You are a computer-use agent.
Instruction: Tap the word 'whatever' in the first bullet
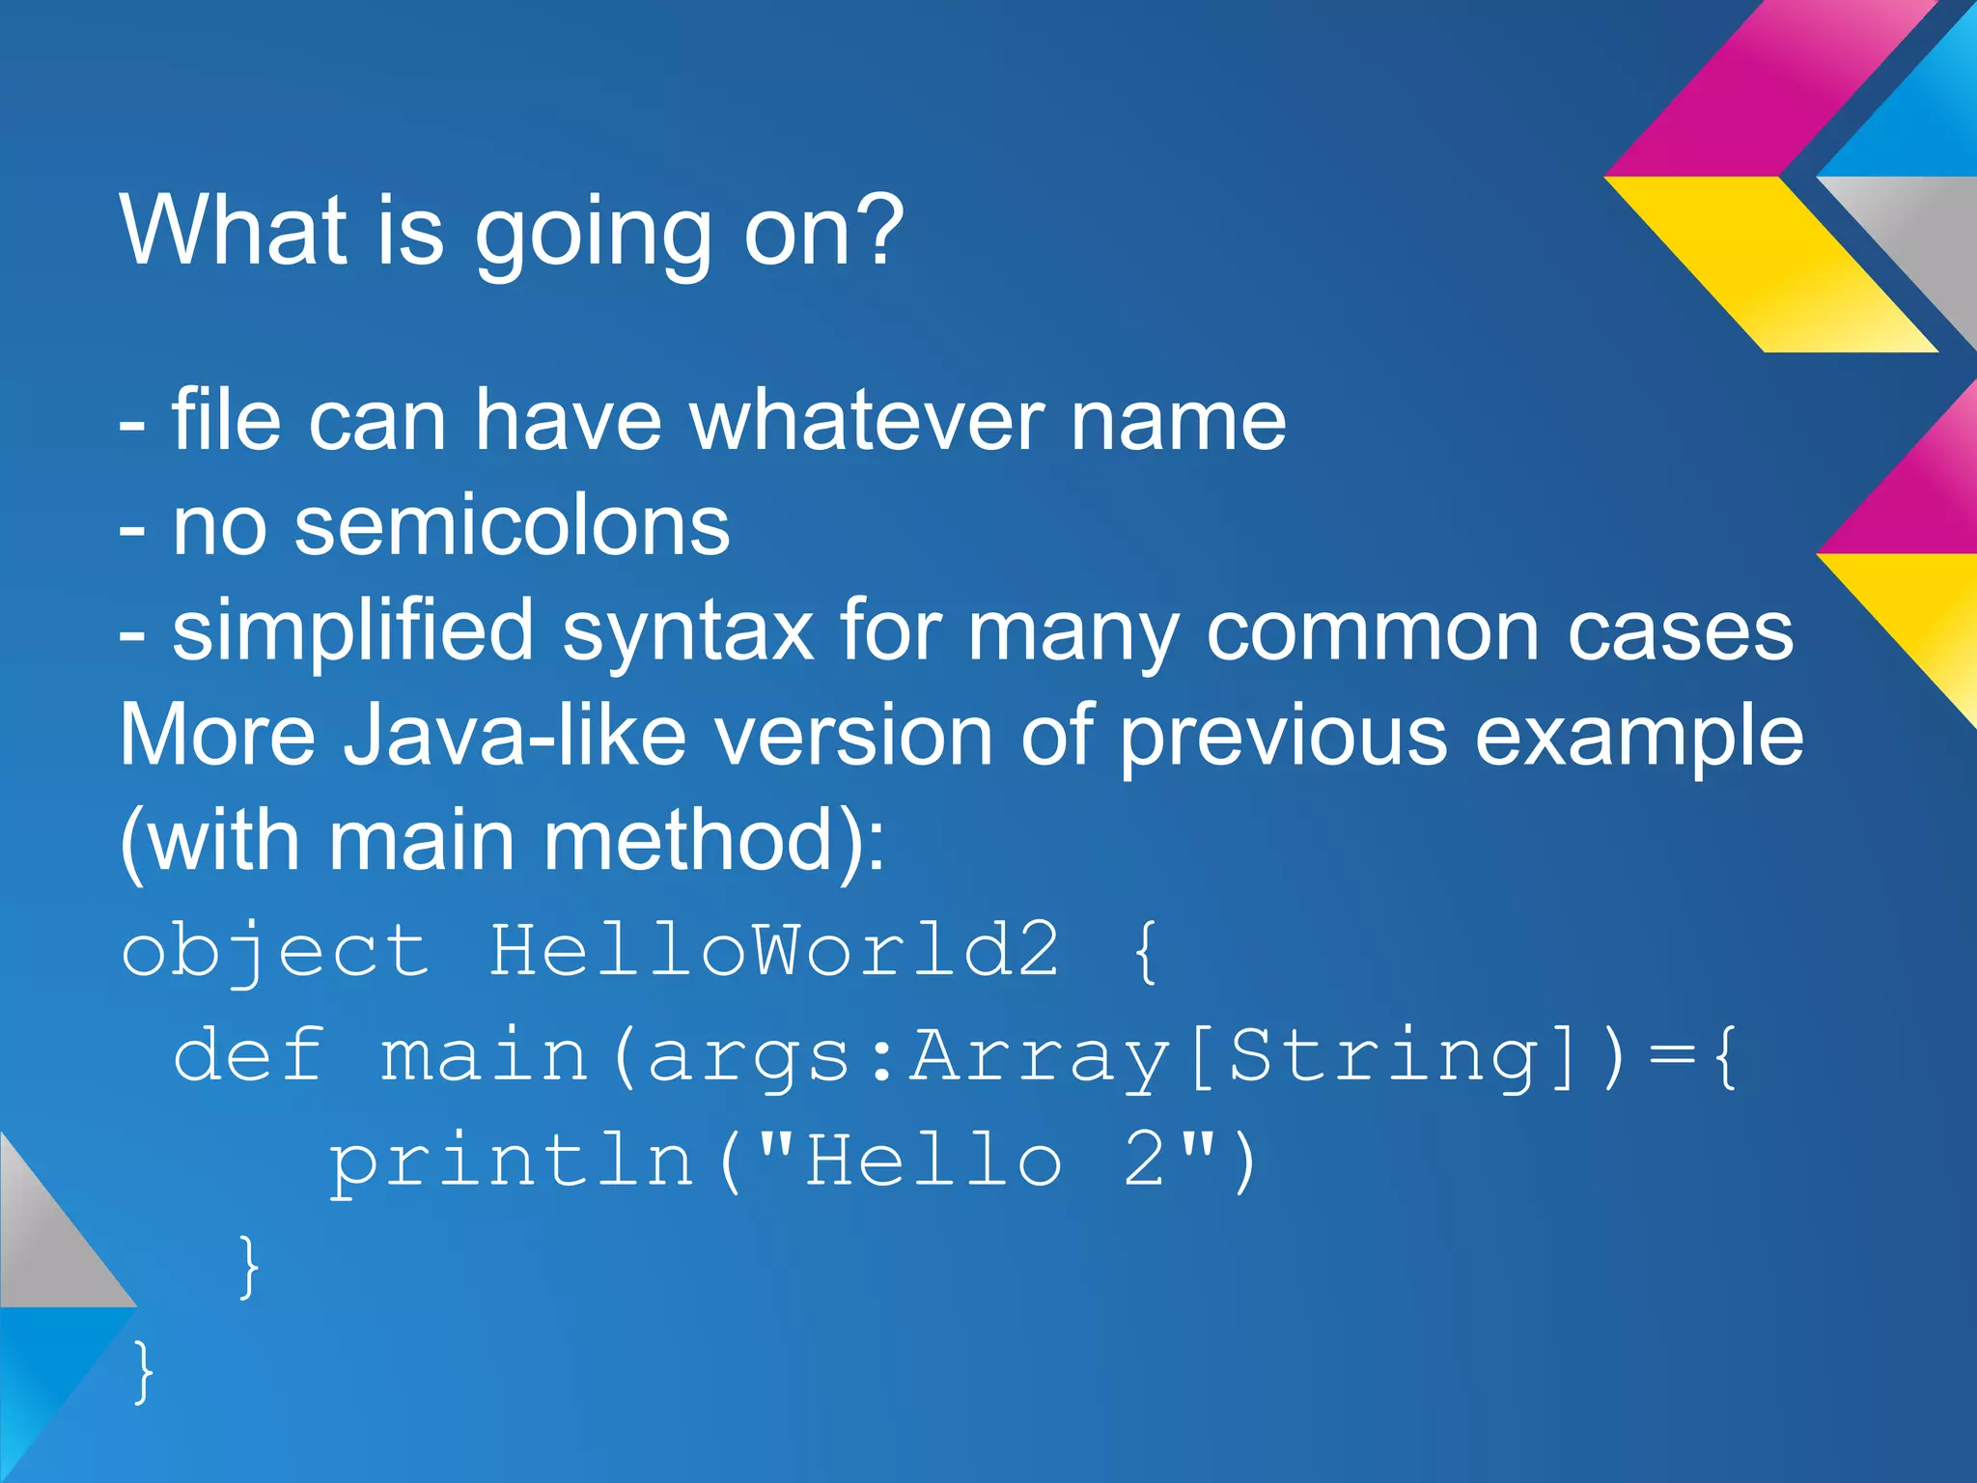[x=866, y=421]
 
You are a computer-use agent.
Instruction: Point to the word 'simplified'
[x=352, y=632]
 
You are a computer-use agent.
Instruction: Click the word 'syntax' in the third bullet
[x=687, y=634]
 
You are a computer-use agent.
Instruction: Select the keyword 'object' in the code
[x=274, y=951]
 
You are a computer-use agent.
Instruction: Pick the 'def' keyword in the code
[x=248, y=1054]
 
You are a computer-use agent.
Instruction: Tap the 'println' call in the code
[x=512, y=1161]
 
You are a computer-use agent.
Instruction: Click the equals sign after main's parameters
[x=1671, y=1055]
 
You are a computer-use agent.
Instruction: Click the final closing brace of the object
[x=143, y=1371]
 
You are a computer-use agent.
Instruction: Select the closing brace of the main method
[x=248, y=1266]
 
